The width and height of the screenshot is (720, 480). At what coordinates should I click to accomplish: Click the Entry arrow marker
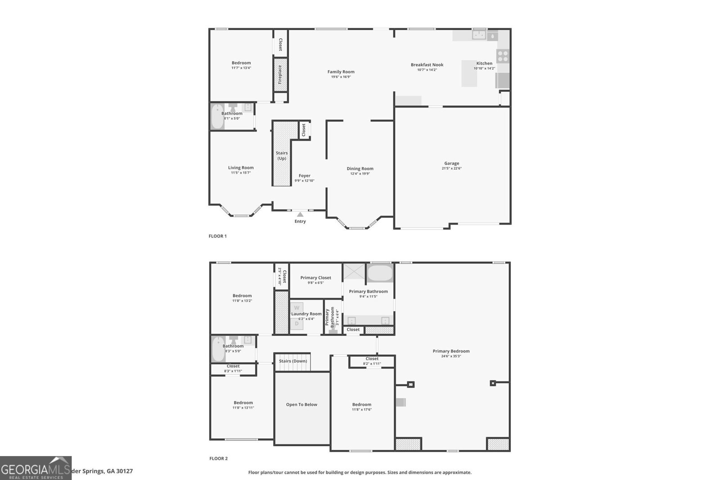tap(300, 215)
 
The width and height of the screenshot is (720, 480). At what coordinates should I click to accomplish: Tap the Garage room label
tap(451, 163)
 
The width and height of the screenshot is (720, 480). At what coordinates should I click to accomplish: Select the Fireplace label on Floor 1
tap(280, 74)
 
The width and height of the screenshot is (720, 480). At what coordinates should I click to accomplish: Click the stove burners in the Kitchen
tap(503, 56)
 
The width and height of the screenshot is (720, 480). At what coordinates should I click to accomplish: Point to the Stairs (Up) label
tap(282, 156)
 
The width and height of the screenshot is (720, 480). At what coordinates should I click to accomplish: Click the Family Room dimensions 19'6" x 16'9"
tap(341, 77)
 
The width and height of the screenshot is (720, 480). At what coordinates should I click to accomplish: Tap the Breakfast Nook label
tap(427, 65)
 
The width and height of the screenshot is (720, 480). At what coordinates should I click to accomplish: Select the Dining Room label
tap(360, 168)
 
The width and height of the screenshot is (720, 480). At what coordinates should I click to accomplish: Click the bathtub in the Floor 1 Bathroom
tap(217, 117)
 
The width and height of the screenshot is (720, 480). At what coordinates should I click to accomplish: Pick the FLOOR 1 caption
tap(218, 236)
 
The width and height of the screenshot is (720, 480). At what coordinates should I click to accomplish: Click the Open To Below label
tap(301, 404)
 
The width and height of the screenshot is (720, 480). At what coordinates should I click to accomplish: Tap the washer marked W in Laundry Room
tap(297, 308)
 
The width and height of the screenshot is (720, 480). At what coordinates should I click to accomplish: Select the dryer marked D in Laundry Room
tap(297, 323)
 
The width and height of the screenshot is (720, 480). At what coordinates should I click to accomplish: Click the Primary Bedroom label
tap(451, 351)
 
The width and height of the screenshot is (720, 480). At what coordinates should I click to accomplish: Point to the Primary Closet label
tap(315, 278)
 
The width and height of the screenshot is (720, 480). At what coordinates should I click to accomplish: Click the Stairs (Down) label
tap(293, 361)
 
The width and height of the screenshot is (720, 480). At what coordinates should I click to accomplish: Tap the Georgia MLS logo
tap(36, 468)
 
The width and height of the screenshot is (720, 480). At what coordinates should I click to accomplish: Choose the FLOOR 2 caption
tap(218, 458)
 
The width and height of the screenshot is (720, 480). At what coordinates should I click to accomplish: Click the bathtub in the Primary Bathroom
tap(380, 273)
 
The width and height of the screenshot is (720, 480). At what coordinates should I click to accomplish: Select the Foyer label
tap(305, 176)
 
